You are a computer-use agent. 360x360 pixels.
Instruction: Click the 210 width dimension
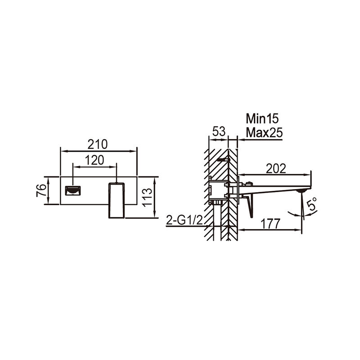[x=97, y=144]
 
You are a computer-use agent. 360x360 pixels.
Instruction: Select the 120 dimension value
[x=94, y=160]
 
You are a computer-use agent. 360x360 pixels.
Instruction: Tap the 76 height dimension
[x=41, y=190]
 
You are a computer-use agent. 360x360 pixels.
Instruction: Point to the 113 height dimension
[x=147, y=198]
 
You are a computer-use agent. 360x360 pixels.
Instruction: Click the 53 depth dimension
[x=219, y=131]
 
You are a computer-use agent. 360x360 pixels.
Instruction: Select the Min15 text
[x=262, y=119]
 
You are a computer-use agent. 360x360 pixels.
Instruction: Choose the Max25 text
[x=264, y=133]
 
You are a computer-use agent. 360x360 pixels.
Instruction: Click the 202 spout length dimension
[x=276, y=169]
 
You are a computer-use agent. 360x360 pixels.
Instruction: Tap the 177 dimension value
[x=271, y=224]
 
